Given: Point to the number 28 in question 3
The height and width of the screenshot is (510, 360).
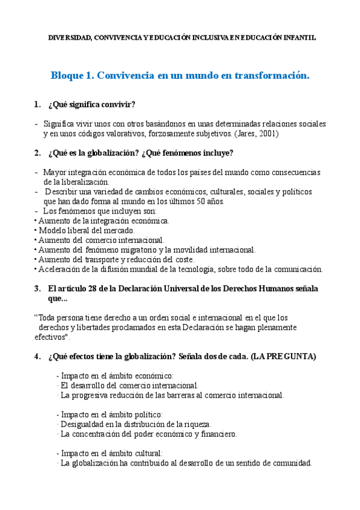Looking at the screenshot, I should coord(84,288).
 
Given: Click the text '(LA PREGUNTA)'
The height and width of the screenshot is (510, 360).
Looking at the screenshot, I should coord(283,356).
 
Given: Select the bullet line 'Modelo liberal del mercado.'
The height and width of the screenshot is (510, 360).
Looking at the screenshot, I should coord(87,230).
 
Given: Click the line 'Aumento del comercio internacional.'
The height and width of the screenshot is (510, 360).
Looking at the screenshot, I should coord(100,240).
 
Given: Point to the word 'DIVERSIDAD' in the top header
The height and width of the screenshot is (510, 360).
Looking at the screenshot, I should coord(69,37).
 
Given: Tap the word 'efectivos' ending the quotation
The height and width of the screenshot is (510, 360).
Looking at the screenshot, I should coord(52,337).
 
